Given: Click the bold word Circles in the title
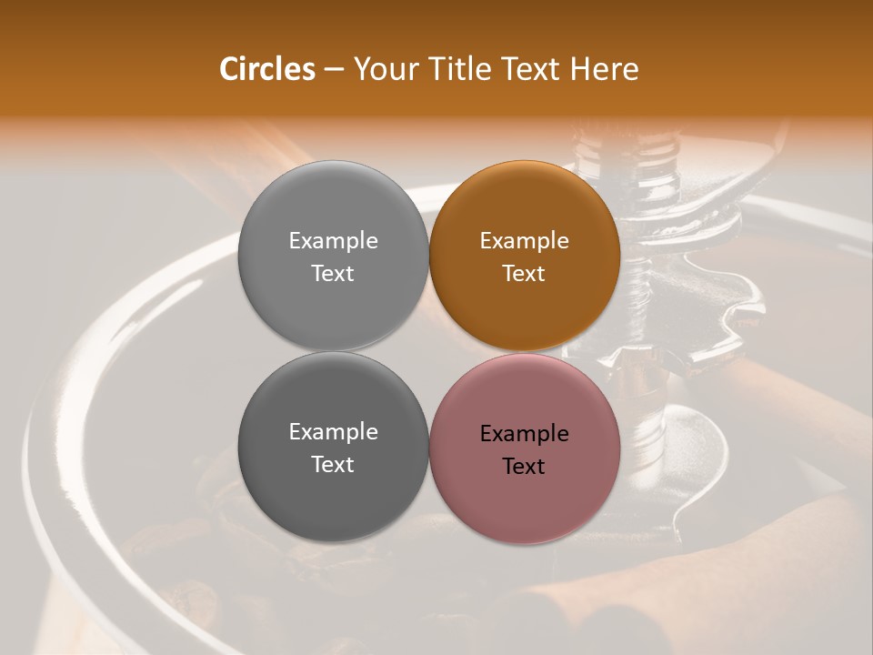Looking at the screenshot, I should point(267,69).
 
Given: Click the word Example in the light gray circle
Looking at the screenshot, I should point(333,241).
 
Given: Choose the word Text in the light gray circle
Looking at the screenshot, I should point(333,274).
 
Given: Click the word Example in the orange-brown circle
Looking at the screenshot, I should point(524,241).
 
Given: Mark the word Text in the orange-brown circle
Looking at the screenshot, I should point(524,274).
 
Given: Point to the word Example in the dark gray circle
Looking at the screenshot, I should point(333,432).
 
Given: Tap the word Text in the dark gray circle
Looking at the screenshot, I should point(333,465).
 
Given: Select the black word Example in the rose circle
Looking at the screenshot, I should point(524,434).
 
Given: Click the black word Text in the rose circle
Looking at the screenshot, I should point(524,467).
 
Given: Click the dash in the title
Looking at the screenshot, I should point(333,69).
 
